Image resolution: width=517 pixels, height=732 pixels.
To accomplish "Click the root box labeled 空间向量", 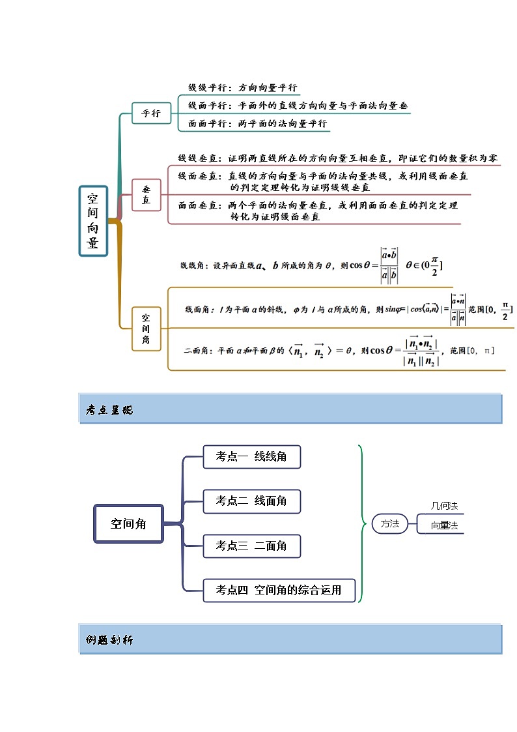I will (93, 221).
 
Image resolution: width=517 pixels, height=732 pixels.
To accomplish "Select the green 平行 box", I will (151, 113).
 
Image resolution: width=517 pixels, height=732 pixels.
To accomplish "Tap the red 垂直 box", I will (147, 194).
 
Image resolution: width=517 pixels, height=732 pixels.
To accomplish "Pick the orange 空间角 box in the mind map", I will (147, 329).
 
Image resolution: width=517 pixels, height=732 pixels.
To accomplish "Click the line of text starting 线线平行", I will (242, 87).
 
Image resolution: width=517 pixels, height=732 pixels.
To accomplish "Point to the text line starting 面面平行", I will (257, 123).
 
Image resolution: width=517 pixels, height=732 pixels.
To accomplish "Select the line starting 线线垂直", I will (339, 158).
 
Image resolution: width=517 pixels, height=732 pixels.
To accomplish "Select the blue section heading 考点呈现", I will (109, 410).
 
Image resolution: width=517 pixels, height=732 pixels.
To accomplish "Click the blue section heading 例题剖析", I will (109, 640).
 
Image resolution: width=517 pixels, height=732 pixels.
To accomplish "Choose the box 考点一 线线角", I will (251, 457).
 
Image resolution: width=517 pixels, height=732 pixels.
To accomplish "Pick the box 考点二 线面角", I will (251, 501).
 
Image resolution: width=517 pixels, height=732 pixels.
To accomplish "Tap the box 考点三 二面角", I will (251, 546).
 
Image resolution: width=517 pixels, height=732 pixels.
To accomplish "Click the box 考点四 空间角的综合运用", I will (279, 590).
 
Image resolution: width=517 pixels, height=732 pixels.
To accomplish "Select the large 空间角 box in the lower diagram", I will (128, 523).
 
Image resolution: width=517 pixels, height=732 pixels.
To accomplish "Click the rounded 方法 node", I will (389, 523).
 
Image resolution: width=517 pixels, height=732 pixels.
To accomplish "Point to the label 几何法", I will (445, 506).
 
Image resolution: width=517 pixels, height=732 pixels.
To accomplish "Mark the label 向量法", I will (445, 525).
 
